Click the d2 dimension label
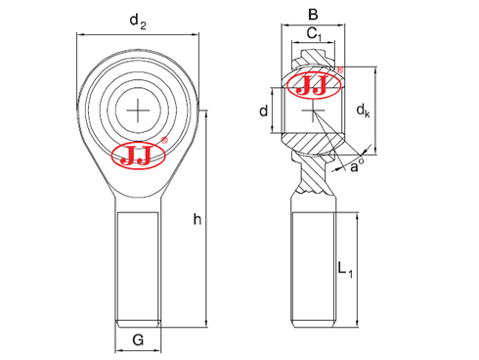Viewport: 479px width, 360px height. [138, 22]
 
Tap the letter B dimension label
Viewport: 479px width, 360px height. [313, 15]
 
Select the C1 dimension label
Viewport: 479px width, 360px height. [314, 33]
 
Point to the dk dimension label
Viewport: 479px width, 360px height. [363, 111]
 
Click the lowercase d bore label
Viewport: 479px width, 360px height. [263, 111]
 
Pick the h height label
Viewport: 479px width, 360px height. [197, 219]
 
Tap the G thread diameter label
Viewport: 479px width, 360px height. [138, 340]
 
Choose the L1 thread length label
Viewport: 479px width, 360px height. [345, 269]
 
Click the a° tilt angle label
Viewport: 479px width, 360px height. [357, 166]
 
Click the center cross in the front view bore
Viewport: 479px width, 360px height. [138, 111]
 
